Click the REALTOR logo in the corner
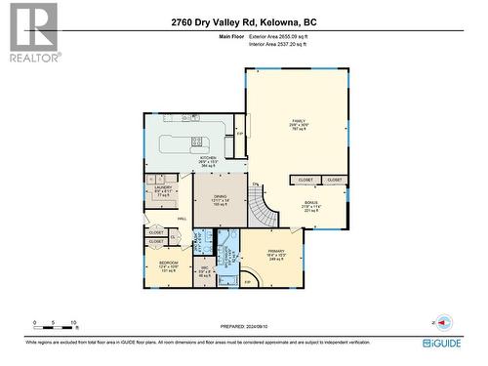pos(31,31)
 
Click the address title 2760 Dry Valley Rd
pos(243,21)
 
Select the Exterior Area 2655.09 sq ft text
pos(277,36)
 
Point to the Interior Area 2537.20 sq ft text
pos(276,45)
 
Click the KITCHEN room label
pos(207,162)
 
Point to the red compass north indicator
pos(445,322)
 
